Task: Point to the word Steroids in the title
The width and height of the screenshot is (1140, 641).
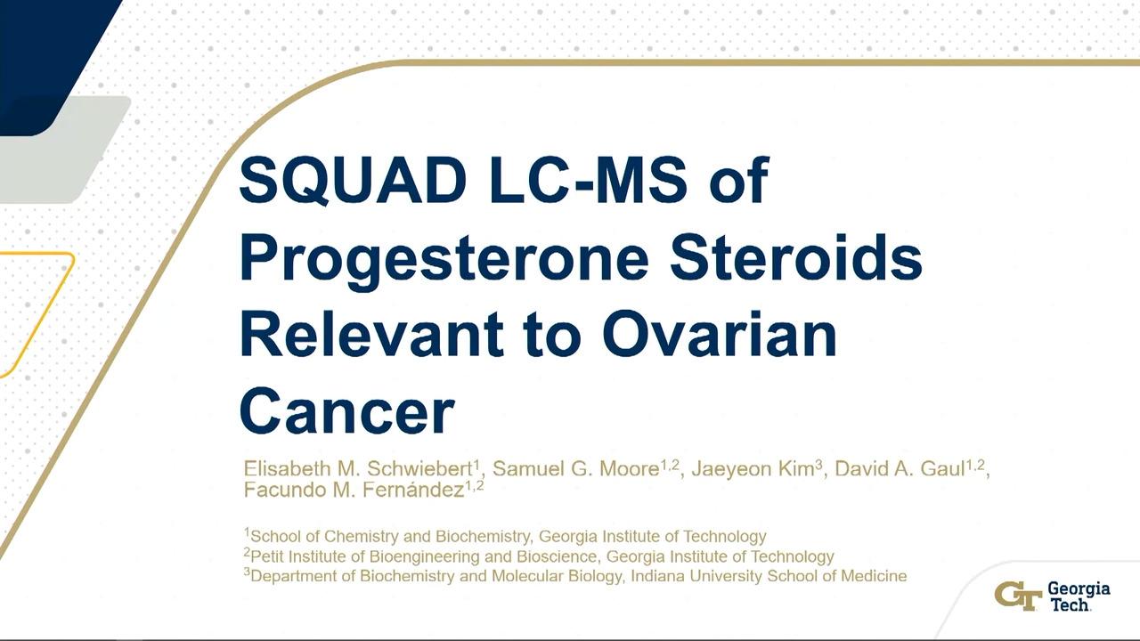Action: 796,257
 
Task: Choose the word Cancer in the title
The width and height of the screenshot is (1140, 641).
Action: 346,410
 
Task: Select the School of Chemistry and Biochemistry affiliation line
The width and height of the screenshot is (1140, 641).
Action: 505,536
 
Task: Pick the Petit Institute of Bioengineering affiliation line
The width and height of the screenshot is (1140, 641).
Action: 539,556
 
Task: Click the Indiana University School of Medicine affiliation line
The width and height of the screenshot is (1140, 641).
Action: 575,576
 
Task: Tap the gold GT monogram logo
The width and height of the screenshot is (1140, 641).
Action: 1018,596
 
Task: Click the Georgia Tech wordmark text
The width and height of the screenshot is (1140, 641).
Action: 1079,596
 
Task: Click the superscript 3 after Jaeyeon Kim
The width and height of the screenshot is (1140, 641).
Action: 818,464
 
